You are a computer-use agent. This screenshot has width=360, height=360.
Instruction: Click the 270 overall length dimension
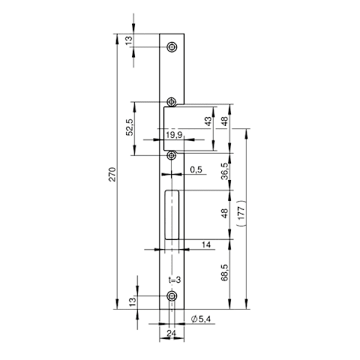pyautogui.click(x=113, y=174)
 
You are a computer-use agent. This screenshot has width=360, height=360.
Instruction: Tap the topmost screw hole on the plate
pyautogui.click(x=172, y=46)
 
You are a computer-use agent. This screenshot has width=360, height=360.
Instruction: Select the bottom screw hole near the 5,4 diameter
pyautogui.click(x=172, y=296)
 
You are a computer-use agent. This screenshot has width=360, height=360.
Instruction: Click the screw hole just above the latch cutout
pyautogui.click(x=172, y=102)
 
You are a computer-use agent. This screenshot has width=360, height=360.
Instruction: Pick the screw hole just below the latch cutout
pyautogui.click(x=172, y=155)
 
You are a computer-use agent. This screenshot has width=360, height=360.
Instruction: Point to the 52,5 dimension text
pyautogui.click(x=129, y=127)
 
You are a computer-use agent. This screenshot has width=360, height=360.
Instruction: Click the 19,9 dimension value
pyautogui.click(x=174, y=135)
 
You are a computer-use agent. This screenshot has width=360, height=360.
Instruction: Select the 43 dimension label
pyautogui.click(x=208, y=121)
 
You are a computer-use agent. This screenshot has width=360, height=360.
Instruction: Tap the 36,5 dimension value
pyautogui.click(x=224, y=171)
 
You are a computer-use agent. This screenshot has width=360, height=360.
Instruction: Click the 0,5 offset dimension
pyautogui.click(x=196, y=169)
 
